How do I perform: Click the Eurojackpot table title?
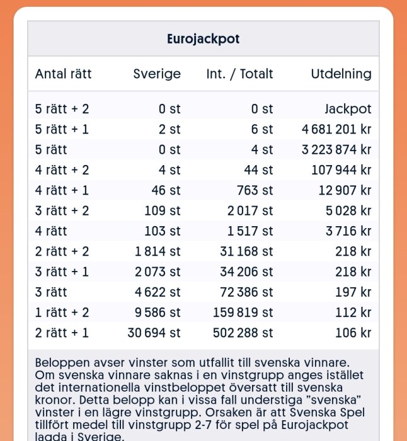203,39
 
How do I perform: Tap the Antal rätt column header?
63,74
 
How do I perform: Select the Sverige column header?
157,74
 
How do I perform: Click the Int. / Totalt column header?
239,74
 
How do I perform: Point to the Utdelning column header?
341,74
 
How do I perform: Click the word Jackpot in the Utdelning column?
348,109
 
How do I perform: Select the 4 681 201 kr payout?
336,129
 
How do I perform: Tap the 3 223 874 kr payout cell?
336,149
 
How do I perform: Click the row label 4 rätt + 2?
62,169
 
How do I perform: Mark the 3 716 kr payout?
348,231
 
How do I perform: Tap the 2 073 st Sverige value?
157,272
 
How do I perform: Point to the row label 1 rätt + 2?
62,312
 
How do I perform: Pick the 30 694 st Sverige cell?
154,332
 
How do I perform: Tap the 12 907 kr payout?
345,190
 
